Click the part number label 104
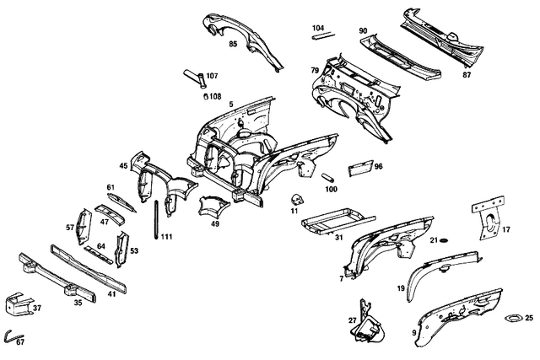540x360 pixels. tap(318, 28)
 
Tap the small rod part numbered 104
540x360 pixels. tap(323, 35)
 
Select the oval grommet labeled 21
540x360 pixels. tap(444, 240)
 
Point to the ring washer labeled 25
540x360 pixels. tap(514, 318)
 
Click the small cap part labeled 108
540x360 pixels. tap(206, 96)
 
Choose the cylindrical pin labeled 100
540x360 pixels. tap(328, 178)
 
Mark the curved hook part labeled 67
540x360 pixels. tap(13, 335)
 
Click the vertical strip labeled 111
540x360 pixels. tap(157, 219)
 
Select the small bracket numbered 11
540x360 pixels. tap(296, 200)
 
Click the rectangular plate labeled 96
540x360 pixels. tap(360, 169)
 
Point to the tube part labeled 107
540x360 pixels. tap(194, 78)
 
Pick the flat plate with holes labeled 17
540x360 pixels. tap(488, 217)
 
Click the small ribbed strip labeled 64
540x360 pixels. tap(99, 255)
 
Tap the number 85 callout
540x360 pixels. tap(233, 44)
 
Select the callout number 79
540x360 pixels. tap(315, 70)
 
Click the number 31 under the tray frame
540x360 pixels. tap(339, 237)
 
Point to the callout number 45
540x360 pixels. tap(123, 165)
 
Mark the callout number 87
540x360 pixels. tap(467, 74)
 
